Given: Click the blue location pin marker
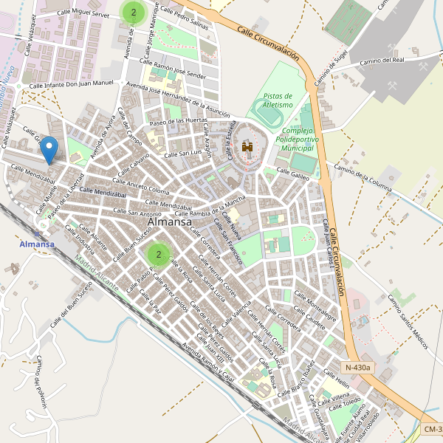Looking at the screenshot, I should coord(49,149).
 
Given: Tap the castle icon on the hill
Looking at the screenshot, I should coord(247,148).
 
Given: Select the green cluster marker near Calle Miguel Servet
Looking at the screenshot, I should coord(133,11).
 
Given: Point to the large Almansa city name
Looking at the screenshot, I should coord(170,221).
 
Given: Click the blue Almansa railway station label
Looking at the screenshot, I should coord(37,244).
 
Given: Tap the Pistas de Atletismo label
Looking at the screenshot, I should coord(278,100).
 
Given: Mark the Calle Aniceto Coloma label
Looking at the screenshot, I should coord(140,185).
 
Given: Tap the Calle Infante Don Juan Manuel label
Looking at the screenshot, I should coord(72,85).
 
